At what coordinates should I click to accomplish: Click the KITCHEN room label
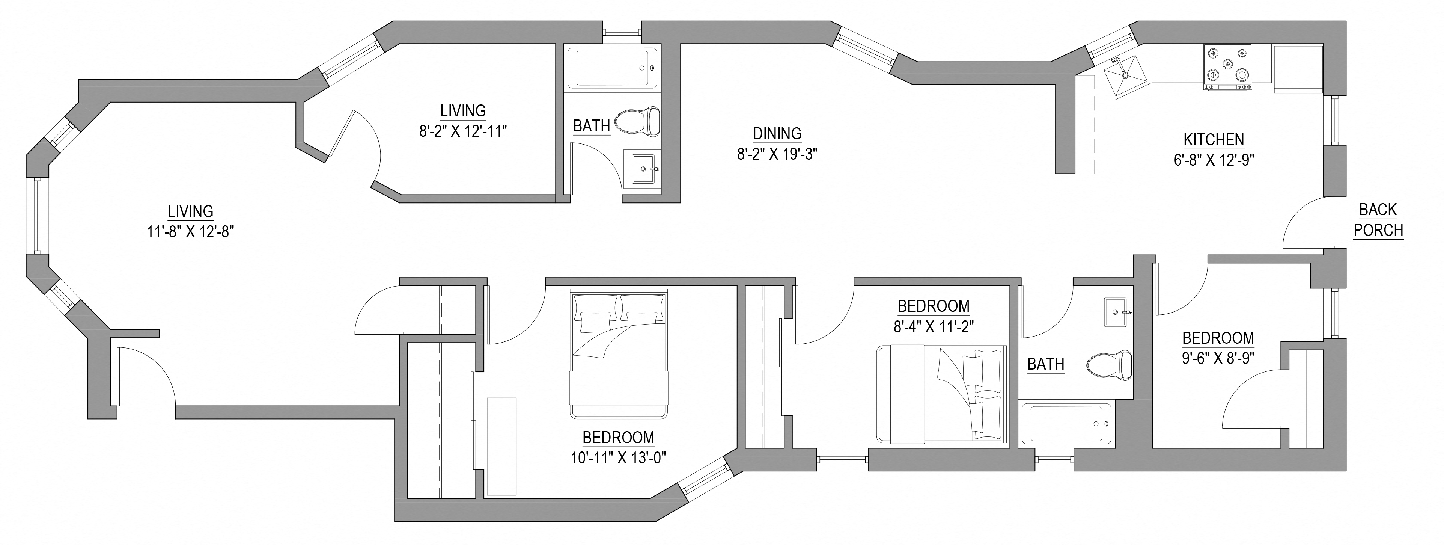1214,140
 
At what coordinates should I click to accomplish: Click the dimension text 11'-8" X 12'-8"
190,232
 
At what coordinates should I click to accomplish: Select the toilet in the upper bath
638,121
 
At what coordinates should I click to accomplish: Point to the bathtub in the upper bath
611,68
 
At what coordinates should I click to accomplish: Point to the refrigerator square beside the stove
1298,68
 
